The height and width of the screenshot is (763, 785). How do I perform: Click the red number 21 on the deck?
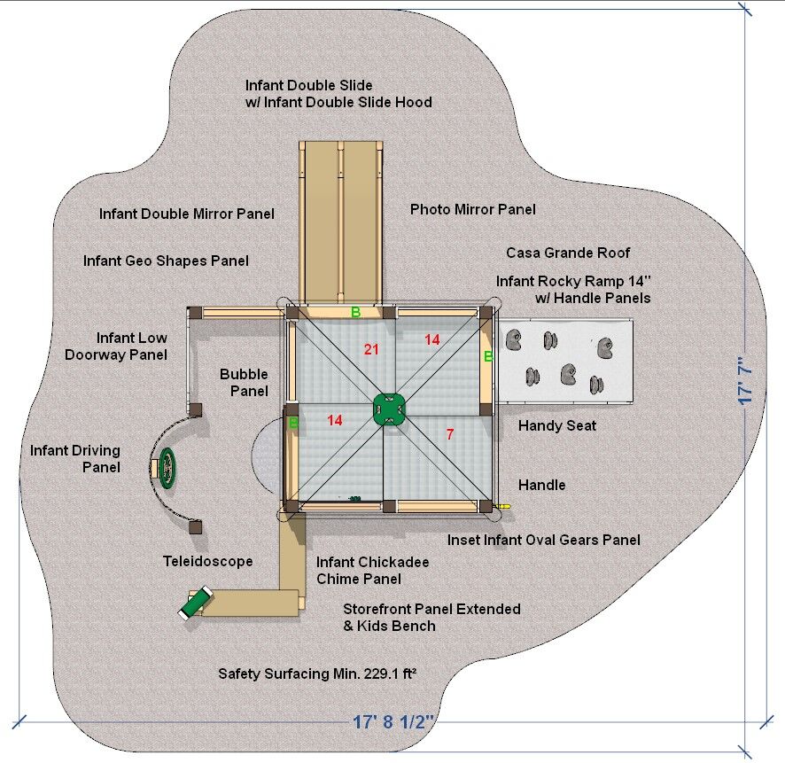tap(371, 350)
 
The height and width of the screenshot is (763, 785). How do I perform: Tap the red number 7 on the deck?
tap(450, 434)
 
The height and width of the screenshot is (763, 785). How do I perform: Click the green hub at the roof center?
tap(387, 408)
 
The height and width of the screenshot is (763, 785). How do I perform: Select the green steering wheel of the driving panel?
tap(167, 467)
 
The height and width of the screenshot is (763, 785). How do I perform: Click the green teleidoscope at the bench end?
tap(194, 603)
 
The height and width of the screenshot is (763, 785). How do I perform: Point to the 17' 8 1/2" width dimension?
tap(392, 721)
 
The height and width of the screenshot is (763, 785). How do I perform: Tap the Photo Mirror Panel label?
tap(472, 210)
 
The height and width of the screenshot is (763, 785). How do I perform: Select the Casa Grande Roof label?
tap(568, 253)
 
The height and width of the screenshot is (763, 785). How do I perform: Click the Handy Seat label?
tap(557, 426)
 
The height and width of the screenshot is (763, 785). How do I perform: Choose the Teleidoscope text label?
tap(208, 562)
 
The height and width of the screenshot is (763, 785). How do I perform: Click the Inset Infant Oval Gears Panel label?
tap(543, 540)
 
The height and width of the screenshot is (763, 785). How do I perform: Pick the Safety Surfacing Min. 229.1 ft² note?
tap(317, 674)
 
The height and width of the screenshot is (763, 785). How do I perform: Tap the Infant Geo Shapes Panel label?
tap(166, 261)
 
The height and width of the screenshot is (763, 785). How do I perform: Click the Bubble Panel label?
tap(244, 383)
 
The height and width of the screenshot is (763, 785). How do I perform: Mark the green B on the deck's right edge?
tap(487, 356)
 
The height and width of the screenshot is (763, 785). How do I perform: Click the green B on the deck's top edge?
tap(355, 311)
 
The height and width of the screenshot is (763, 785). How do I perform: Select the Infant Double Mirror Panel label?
tap(187, 214)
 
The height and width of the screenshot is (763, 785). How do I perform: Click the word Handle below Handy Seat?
tap(541, 486)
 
